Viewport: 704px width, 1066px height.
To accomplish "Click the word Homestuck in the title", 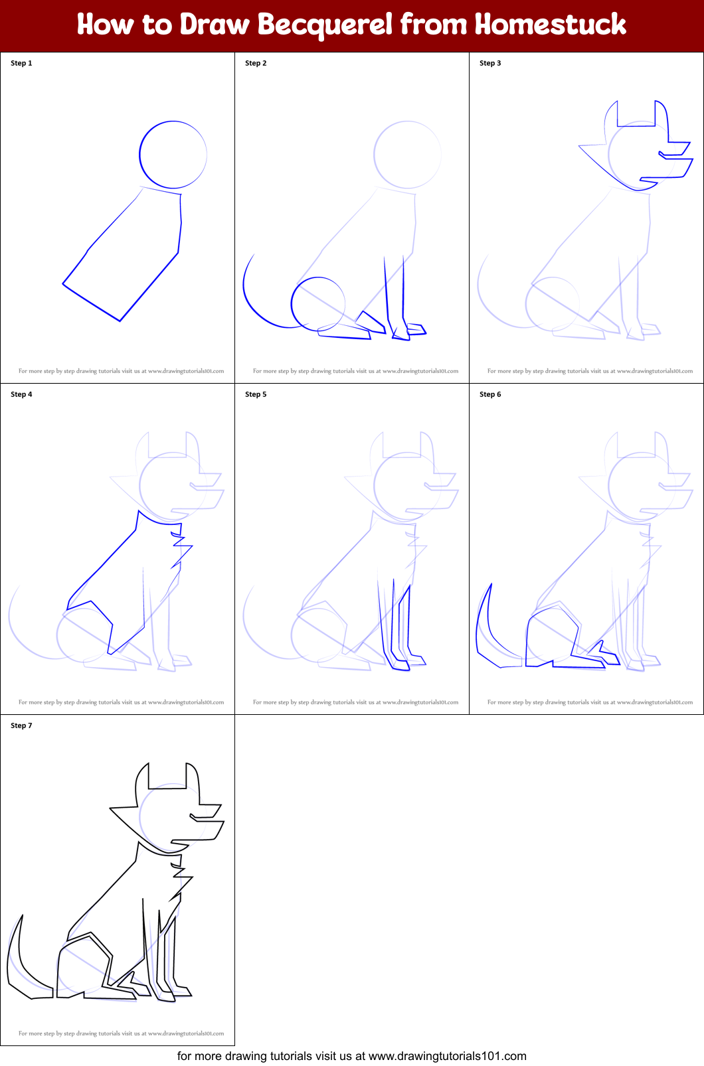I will coord(551,25).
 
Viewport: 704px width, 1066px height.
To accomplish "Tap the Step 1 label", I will coord(21,63).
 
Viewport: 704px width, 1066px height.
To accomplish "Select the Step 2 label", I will coord(256,63).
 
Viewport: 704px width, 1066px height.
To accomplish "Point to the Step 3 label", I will coord(490,63).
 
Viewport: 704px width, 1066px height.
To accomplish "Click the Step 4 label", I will coord(21,394).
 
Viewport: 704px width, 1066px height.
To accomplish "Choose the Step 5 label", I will coord(256,394).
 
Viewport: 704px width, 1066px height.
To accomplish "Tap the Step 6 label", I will coord(490,394).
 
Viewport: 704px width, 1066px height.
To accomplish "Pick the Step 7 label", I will coord(21,725).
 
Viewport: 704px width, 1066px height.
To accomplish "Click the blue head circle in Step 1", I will coord(140,155).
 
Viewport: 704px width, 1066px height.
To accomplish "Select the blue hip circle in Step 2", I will coord(292,303).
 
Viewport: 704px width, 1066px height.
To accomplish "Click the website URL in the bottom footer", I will coord(447,1056).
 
